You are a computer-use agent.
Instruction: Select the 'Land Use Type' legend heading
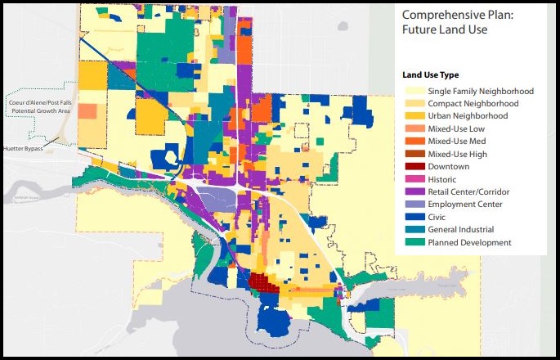coord(425,74)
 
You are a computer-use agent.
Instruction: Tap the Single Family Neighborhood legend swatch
coord(409,91)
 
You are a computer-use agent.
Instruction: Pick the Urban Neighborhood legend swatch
coord(409,116)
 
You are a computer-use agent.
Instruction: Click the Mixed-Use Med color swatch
coord(409,142)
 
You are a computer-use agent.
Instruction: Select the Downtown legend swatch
coord(409,167)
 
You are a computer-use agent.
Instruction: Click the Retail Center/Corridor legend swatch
coord(409,192)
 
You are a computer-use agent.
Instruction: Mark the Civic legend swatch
coord(409,218)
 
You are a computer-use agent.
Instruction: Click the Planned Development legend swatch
coord(409,243)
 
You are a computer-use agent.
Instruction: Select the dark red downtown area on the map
coord(262,284)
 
